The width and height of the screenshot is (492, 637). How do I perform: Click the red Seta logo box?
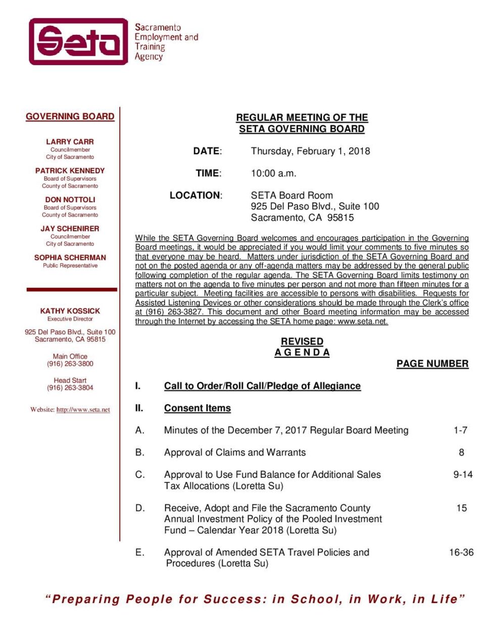point(78,41)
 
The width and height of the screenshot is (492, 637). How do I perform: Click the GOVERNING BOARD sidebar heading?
point(70,116)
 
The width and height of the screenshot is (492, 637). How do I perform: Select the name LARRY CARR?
point(70,142)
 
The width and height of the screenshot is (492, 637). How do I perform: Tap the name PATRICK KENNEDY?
point(70,170)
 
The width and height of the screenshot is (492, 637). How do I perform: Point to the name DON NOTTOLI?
point(70,200)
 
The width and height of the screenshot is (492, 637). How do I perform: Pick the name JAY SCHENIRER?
point(70,229)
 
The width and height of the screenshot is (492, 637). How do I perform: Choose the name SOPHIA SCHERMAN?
point(70,257)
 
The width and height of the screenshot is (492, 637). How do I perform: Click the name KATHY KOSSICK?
point(70,311)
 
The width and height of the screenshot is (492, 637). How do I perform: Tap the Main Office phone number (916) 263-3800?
point(70,363)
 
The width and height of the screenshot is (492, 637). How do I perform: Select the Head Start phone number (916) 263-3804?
point(70,388)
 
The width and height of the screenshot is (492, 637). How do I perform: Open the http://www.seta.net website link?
point(83,409)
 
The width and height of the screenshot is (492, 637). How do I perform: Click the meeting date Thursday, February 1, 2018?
point(310,151)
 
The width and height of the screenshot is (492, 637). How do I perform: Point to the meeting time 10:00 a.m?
point(273,173)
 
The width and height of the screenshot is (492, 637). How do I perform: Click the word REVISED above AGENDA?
point(302,341)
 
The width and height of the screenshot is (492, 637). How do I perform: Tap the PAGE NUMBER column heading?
point(432,363)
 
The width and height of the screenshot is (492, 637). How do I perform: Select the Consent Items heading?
point(197,408)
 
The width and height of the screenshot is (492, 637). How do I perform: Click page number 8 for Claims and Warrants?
point(461,452)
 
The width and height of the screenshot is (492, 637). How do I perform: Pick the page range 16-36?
point(461,552)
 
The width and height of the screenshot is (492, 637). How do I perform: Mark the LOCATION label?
point(195,196)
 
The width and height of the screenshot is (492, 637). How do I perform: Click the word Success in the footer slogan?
point(232,599)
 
